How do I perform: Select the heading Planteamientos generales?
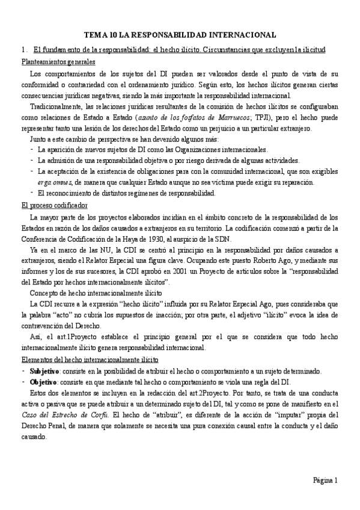58,62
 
